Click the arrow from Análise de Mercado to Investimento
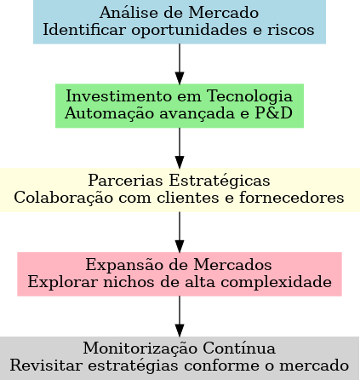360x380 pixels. coord(180,64)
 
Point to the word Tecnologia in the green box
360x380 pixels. coord(249,96)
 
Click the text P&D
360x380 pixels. coord(274,113)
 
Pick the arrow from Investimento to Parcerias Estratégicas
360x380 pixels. coord(180,148)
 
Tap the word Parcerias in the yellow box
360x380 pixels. coord(125,180)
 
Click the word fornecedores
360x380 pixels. coord(292,198)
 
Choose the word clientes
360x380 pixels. coord(187,198)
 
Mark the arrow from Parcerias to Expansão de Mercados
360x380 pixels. coord(180,232)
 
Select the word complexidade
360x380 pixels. coord(276,283)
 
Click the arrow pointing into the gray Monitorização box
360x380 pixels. coord(180,316)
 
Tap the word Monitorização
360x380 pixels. coord(140,348)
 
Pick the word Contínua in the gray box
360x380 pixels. coord(239,348)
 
